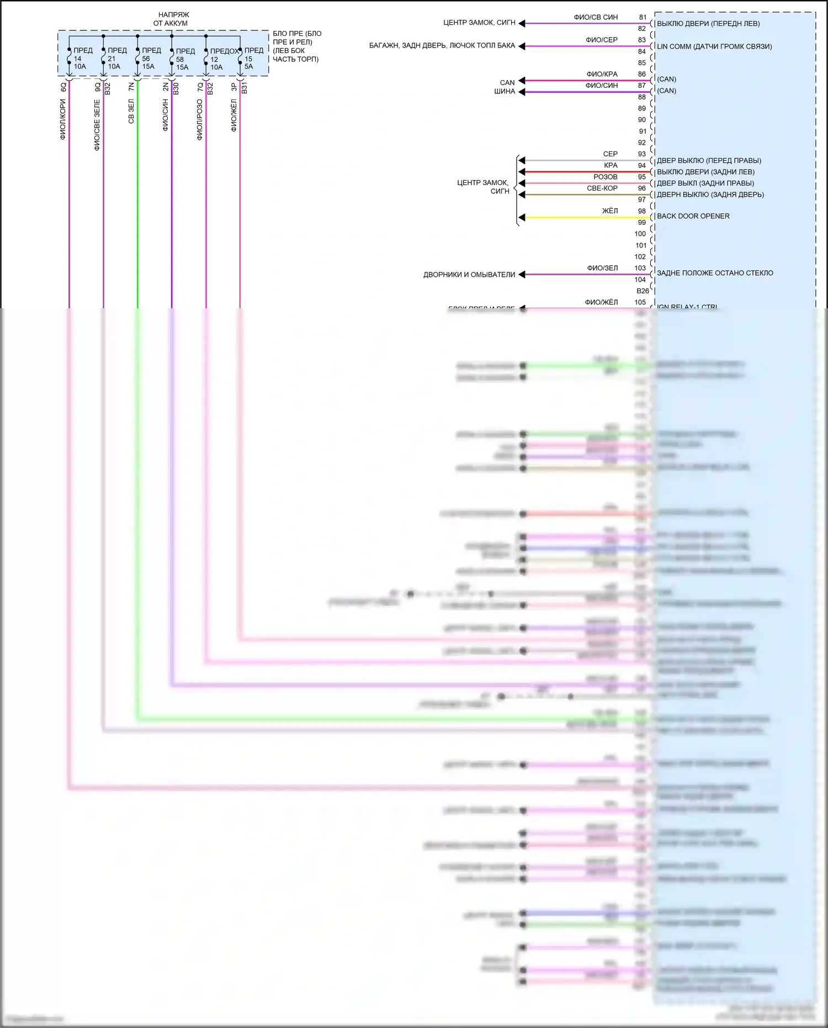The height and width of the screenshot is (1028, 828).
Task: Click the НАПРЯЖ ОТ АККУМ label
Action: (x=172, y=19)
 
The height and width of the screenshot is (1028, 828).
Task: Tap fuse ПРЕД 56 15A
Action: (x=148, y=59)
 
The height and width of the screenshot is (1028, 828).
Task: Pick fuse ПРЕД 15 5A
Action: (x=251, y=59)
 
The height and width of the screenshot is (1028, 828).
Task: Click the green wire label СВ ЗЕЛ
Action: (x=131, y=111)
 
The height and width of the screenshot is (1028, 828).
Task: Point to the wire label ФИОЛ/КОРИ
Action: (x=63, y=119)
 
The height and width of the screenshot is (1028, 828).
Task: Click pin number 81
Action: (x=643, y=17)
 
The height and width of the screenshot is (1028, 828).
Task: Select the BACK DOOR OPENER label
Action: (x=693, y=216)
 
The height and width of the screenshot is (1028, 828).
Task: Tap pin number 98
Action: (x=642, y=211)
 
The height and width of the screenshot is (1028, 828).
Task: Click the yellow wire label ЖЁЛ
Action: (x=609, y=211)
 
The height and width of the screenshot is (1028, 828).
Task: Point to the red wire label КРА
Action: (x=611, y=165)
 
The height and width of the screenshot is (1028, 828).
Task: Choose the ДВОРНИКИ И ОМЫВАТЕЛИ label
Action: (x=469, y=275)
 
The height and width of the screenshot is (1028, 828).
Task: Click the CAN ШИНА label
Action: (x=505, y=87)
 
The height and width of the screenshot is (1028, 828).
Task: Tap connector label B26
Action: (x=643, y=291)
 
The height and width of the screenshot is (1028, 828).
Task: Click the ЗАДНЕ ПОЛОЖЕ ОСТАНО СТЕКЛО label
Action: (x=714, y=273)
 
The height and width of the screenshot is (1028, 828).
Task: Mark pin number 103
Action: (x=640, y=268)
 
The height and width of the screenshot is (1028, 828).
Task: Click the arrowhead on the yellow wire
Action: (x=522, y=218)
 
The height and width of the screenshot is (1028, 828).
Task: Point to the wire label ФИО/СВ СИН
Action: (x=596, y=17)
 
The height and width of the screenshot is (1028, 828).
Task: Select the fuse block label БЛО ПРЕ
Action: (x=296, y=46)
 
